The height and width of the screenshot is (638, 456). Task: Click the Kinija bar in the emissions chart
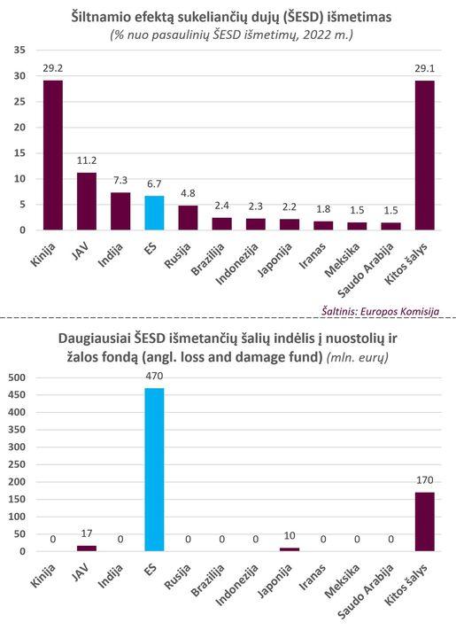point(53,155)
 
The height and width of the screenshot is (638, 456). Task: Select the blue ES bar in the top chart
point(154,213)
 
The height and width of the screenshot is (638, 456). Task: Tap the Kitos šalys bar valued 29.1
point(425,155)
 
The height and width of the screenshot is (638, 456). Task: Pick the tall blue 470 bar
point(154,470)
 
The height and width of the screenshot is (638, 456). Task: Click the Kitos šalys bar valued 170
point(425,522)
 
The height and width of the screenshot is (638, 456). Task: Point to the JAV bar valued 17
point(87,549)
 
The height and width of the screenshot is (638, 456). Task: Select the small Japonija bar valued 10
point(290,549)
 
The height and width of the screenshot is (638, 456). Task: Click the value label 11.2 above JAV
point(87,160)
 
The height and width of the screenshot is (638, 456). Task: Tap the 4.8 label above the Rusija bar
point(188,193)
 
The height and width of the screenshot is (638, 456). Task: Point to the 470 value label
point(154,376)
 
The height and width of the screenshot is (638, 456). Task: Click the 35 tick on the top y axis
point(19,50)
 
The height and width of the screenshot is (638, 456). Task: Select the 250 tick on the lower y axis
point(17,464)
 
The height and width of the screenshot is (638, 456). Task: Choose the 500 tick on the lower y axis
point(17,377)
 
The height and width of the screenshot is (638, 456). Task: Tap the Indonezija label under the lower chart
point(236,585)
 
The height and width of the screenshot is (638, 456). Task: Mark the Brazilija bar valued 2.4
point(221,224)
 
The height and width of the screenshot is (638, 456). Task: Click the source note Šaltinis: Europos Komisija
point(381,311)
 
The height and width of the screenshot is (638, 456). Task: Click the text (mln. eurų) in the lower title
point(358,357)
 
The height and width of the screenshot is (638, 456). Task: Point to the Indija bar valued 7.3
point(120,211)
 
